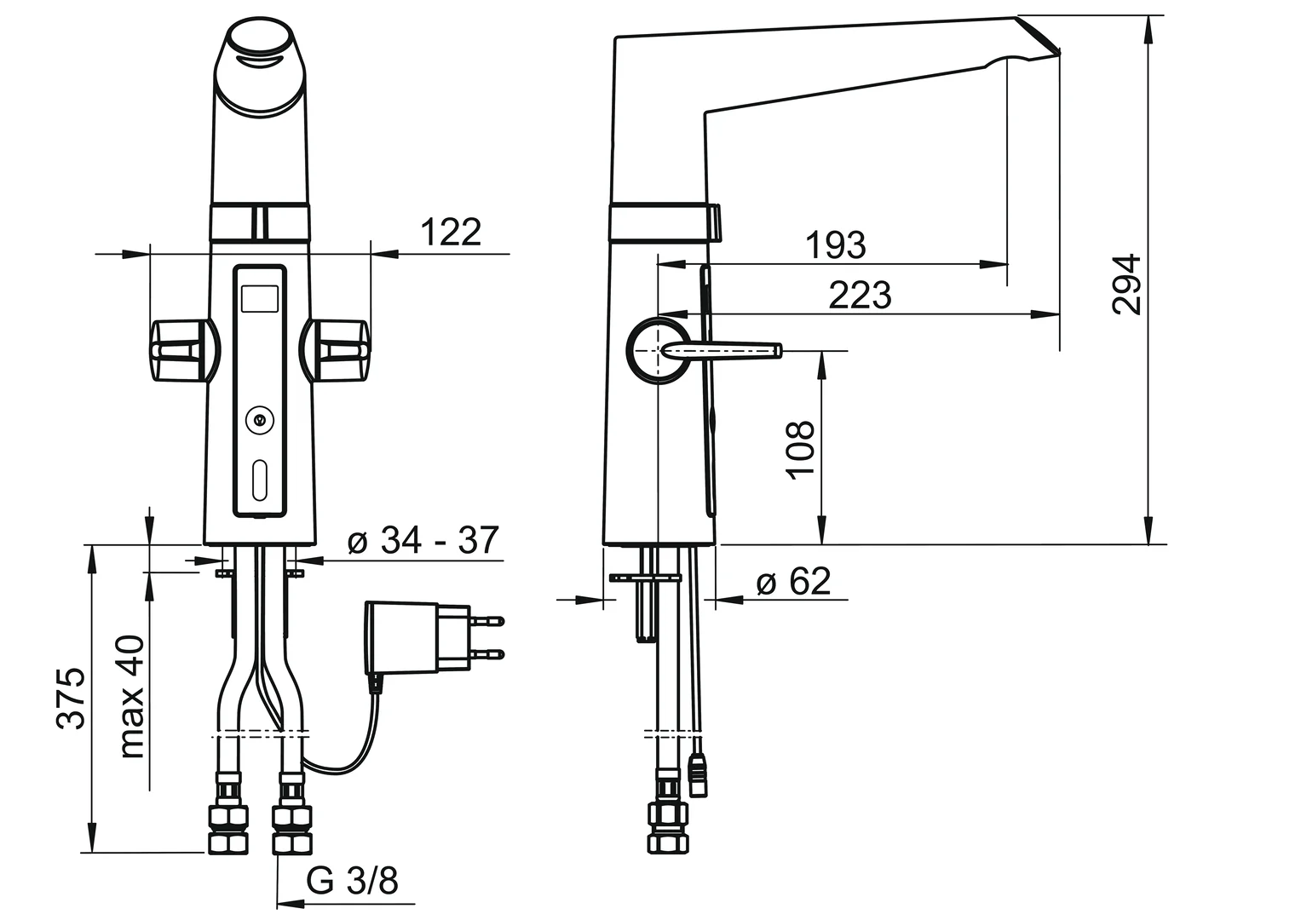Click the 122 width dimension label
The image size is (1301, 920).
451,232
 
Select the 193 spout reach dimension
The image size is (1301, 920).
835,245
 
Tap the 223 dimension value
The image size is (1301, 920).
860,296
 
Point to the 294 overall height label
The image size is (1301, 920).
1126,284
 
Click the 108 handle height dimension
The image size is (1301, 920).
801,450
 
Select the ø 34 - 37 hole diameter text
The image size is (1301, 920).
423,540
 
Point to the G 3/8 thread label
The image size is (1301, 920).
352,881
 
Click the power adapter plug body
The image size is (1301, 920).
402,637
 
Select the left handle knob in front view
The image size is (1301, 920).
179,349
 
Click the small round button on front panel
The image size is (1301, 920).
259,419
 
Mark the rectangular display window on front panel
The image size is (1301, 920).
260,299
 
